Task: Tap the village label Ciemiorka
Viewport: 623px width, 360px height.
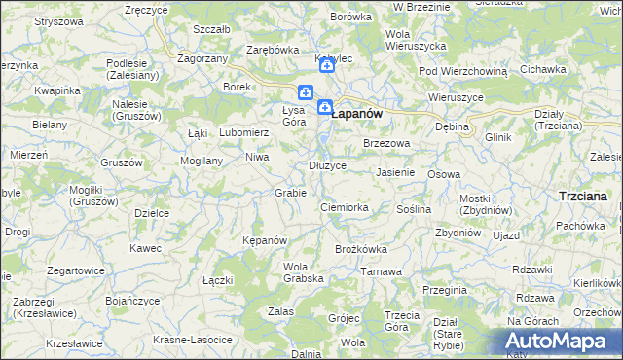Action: click(345, 207)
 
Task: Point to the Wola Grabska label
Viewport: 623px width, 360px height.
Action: click(303, 272)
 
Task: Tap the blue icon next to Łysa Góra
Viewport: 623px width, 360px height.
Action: click(306, 93)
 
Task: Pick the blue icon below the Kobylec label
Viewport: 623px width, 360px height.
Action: click(327, 67)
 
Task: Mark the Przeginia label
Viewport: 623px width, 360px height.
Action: click(445, 290)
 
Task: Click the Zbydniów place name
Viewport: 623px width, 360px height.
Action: click(458, 233)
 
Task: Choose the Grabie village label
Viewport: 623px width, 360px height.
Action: click(291, 193)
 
